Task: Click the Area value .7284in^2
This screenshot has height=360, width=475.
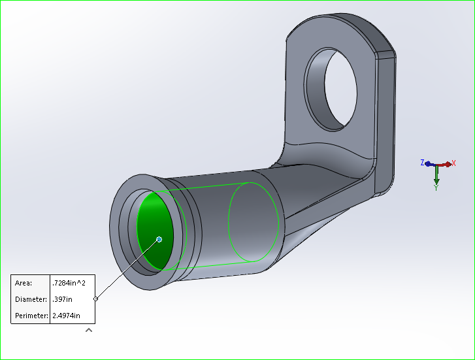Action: [x=72, y=283]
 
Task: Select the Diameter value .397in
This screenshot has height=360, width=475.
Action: [x=63, y=299]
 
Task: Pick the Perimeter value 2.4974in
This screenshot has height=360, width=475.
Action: [x=67, y=316]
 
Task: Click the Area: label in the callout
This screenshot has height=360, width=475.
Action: [x=24, y=283]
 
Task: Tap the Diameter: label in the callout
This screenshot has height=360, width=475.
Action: [x=31, y=299]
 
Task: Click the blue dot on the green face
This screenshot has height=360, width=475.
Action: [x=159, y=239]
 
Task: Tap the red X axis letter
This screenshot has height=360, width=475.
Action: [x=453, y=163]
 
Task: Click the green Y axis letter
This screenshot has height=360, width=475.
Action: [x=436, y=187]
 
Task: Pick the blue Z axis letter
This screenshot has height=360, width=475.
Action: [x=423, y=162]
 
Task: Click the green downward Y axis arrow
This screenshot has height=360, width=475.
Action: [x=436, y=175]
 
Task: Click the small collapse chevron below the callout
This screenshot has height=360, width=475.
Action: [x=89, y=330]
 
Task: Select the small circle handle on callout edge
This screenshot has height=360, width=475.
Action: [x=96, y=299]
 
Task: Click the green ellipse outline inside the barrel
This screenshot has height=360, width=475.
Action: [x=254, y=222]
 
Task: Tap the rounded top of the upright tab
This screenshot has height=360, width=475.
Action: [x=340, y=26]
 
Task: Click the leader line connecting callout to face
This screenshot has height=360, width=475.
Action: [x=127, y=269]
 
